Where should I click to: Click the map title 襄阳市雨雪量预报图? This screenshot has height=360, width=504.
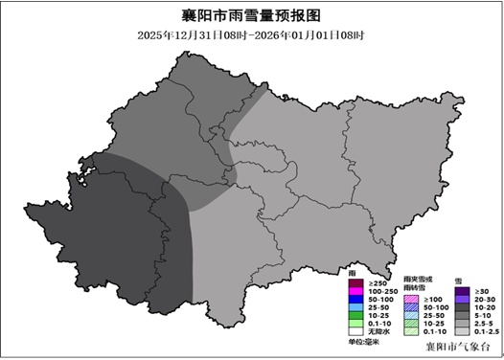(x=250, y=16)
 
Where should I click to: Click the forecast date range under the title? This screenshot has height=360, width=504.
(x=250, y=35)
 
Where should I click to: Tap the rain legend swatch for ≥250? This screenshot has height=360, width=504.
(x=355, y=283)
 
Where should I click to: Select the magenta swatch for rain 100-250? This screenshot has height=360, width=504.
(x=355, y=291)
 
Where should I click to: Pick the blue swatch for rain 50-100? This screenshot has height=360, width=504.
(x=355, y=300)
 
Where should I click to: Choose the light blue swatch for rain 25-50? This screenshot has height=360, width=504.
(x=355, y=307)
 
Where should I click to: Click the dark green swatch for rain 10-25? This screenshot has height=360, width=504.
(x=355, y=315)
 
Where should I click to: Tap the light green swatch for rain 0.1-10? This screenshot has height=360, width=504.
(x=355, y=324)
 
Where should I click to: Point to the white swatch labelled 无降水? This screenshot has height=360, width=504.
(x=355, y=331)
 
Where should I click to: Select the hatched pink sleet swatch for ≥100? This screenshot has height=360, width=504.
(x=410, y=300)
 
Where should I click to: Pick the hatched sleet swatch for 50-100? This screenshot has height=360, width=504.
(x=410, y=307)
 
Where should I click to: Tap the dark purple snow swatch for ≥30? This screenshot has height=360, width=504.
(x=461, y=291)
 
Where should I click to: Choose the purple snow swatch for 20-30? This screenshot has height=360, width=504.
(x=461, y=300)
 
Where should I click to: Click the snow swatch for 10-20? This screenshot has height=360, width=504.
(x=461, y=307)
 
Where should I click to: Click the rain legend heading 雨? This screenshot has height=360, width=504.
(x=352, y=274)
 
